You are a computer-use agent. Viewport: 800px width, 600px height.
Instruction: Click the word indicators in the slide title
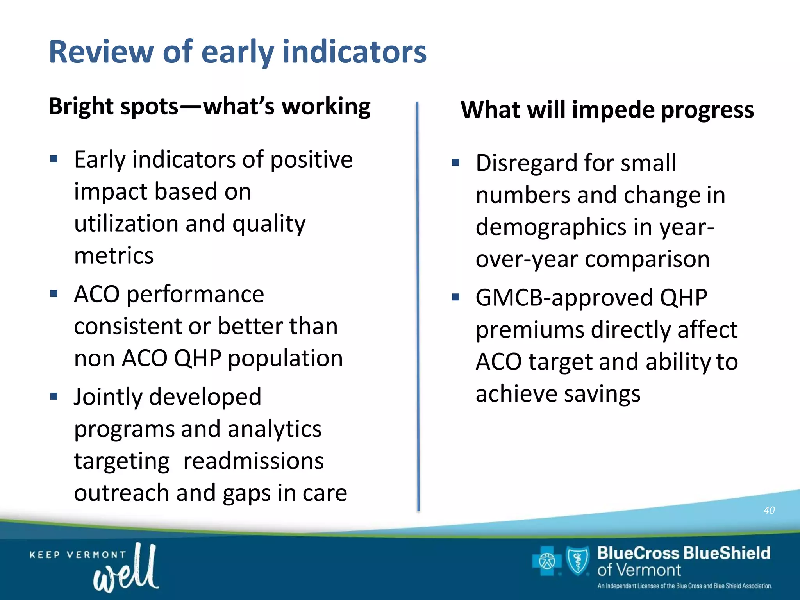[x=354, y=52]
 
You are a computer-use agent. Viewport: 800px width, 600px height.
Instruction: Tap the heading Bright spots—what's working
[x=209, y=107]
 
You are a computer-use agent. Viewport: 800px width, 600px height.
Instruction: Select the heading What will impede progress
[x=607, y=110]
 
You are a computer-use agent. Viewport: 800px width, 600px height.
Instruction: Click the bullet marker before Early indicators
[x=54, y=159]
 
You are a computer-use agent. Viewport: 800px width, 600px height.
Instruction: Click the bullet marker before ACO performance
[x=54, y=294]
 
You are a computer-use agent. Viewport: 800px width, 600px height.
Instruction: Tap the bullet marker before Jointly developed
[x=54, y=397]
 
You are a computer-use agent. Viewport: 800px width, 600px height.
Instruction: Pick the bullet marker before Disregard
[x=455, y=162]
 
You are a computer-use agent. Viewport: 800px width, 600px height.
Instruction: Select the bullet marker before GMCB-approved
[x=455, y=298]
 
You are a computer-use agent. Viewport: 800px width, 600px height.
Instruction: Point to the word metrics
[x=114, y=256]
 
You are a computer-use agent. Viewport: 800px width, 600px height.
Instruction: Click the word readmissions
[x=253, y=461]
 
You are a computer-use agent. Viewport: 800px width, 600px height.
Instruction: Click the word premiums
[x=530, y=330]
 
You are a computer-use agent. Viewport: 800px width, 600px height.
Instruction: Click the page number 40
[x=769, y=510]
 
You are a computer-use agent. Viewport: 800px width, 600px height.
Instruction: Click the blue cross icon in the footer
[x=546, y=562]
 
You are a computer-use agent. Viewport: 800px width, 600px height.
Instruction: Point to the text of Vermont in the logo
[x=639, y=570]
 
